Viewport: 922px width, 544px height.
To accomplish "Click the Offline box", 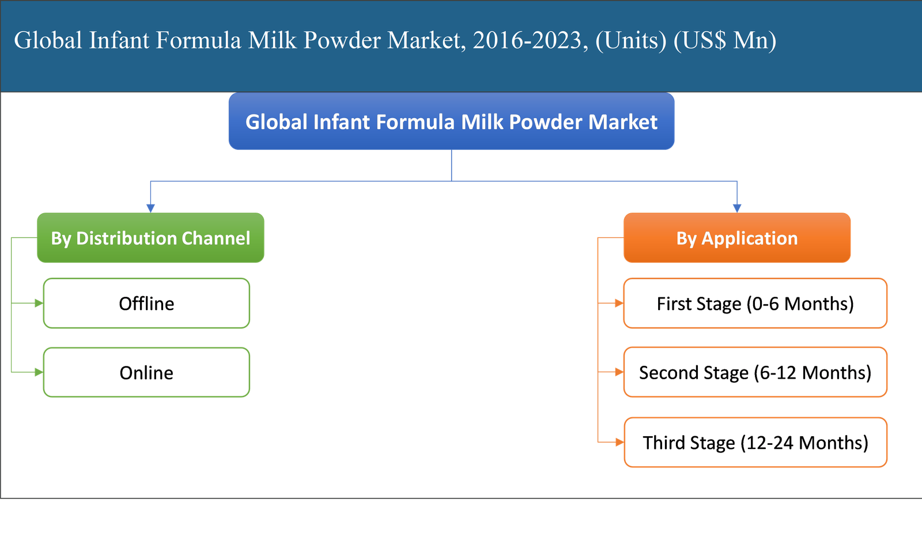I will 146,304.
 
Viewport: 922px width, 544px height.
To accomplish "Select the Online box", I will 146,373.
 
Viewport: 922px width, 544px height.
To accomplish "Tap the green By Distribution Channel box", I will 150,238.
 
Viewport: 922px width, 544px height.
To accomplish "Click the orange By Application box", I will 737,238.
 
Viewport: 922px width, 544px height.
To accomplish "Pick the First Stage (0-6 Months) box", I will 755,304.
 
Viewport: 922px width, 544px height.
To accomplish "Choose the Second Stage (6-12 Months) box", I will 755,373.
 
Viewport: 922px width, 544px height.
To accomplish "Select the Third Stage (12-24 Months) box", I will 755,443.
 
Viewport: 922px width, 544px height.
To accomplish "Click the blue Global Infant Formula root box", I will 451,122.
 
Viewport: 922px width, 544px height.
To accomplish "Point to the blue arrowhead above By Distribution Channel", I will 150,208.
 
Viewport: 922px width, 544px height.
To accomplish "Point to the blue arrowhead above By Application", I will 737,208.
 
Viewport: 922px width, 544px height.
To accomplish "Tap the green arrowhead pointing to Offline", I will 39,303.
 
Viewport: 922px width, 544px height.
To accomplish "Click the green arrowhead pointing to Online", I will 39,373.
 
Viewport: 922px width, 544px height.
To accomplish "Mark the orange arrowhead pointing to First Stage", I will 619,303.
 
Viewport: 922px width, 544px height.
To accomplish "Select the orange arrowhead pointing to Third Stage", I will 619,443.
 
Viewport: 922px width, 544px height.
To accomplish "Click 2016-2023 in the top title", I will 527,40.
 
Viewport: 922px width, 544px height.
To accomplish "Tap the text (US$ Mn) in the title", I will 724,40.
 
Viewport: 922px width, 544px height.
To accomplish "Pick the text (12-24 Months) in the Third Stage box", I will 804,443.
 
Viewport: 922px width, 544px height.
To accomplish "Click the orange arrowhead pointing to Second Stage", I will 619,373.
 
